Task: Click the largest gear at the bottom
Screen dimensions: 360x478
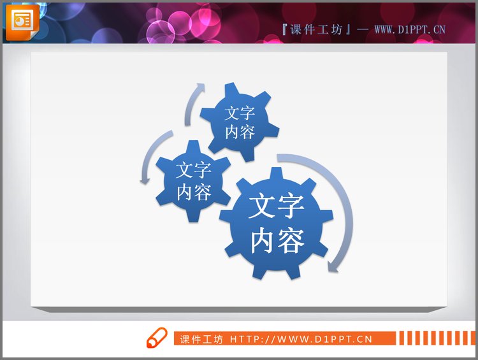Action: [x=277, y=224]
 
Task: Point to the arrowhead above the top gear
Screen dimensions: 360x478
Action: [x=201, y=87]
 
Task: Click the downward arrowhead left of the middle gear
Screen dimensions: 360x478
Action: [x=145, y=180]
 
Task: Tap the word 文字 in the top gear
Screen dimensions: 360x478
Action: [x=240, y=113]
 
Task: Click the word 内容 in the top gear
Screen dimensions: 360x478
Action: [x=240, y=131]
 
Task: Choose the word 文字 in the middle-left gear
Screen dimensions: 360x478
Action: [x=194, y=171]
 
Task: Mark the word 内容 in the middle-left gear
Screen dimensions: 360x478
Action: [x=194, y=191]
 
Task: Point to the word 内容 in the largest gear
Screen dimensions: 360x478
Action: [x=277, y=241]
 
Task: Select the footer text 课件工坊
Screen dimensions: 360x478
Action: [x=201, y=339]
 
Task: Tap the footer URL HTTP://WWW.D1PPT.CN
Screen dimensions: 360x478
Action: [x=301, y=339]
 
